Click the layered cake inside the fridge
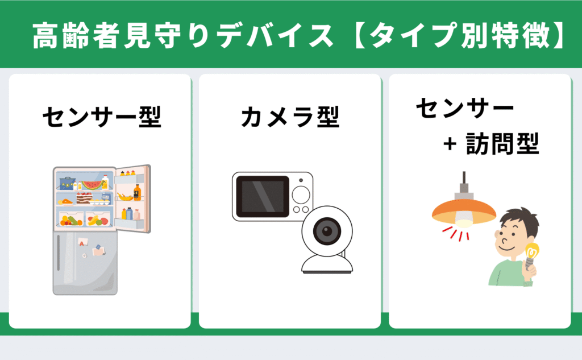click(84, 197)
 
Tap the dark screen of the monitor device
click(262, 196)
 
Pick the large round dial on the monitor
click(301, 195)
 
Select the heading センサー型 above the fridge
click(101, 118)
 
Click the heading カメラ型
click(290, 118)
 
